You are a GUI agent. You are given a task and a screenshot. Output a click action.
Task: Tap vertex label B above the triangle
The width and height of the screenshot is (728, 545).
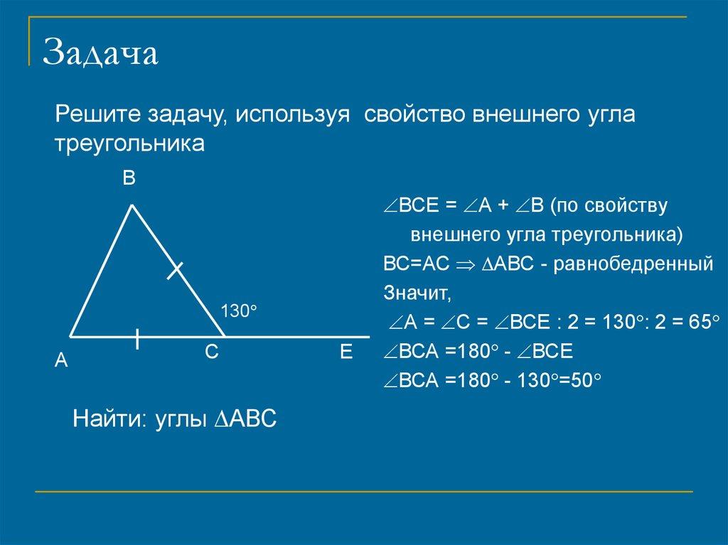tap(128, 178)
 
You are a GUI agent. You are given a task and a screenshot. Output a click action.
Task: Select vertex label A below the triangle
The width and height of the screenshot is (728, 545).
tap(62, 361)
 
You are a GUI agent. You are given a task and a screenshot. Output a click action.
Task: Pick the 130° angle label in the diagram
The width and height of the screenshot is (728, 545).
tap(237, 311)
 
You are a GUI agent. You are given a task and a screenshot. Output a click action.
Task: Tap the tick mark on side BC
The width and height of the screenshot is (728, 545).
tap(174, 270)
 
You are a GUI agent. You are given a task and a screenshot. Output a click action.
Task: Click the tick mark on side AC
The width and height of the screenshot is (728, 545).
tap(137, 339)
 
